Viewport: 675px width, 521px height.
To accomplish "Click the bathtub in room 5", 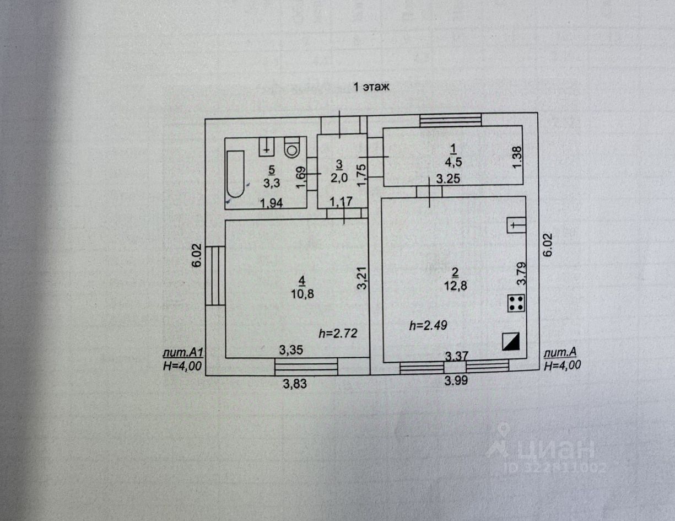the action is click(236, 174).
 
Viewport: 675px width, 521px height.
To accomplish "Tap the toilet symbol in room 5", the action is click(291, 147).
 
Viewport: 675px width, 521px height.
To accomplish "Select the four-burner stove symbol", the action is click(516, 303).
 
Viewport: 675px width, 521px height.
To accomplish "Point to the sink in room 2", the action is click(516, 225).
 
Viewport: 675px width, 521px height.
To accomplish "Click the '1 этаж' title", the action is click(371, 87).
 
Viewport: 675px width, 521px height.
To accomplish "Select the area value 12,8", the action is click(455, 285).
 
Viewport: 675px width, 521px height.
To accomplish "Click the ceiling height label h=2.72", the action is click(339, 333).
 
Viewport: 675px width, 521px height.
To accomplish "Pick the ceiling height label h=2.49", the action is click(428, 325).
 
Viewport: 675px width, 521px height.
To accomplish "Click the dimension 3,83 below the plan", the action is click(295, 385).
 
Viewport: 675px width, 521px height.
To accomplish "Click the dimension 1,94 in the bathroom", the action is click(272, 203).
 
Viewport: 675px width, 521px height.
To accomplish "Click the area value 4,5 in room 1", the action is click(453, 162).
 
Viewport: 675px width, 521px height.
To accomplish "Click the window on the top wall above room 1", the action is click(450, 120).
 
